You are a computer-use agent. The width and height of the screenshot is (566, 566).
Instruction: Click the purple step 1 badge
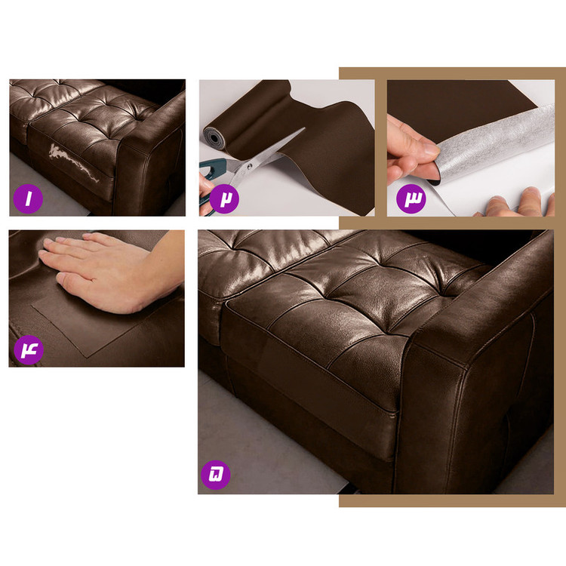[28, 198]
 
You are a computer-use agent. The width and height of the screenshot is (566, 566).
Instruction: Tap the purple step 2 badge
[224, 198]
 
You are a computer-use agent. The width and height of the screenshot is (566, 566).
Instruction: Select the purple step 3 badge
[411, 198]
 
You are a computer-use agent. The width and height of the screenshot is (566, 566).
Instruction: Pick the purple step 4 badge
[29, 349]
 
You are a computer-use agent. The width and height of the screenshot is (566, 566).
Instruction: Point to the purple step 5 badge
[215, 475]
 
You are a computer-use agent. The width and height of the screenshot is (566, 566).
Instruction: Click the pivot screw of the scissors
[249, 167]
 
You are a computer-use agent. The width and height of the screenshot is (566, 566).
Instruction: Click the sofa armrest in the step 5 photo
[480, 361]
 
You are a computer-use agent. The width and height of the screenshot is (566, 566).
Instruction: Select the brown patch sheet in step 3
[458, 108]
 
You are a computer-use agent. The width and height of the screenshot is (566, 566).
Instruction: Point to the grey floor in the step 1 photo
[43, 188]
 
